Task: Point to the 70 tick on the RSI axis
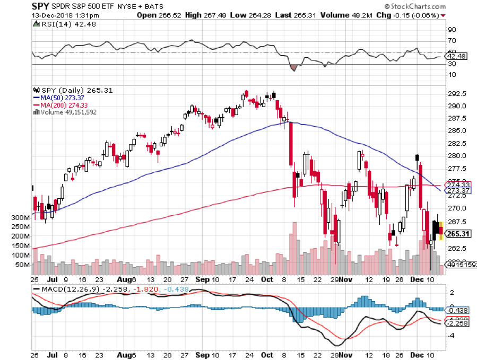[x=453, y=41]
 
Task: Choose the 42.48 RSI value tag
[x=458, y=56]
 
